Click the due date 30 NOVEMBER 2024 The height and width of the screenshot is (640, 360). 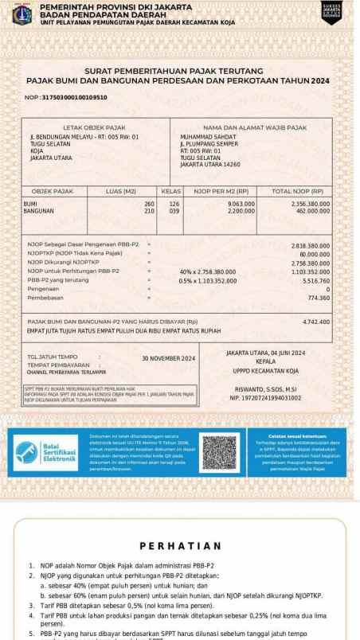click(167, 359)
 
